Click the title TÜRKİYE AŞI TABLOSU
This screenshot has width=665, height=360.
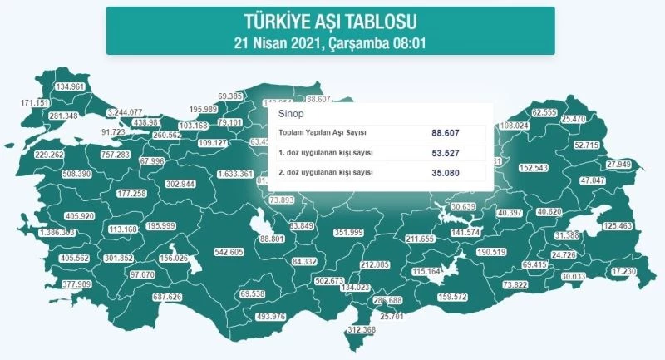point(330,19)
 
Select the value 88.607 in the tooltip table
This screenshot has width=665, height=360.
point(446,133)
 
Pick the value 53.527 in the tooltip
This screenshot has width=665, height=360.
point(446,153)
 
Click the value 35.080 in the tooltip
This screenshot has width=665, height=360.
point(446,173)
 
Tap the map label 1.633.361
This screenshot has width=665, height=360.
point(234,175)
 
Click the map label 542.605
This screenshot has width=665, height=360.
point(229,251)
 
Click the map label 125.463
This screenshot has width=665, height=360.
point(618,226)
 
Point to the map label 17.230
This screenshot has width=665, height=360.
point(623,271)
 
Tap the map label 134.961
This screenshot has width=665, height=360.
point(70,86)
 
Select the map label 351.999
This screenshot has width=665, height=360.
point(349,233)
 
